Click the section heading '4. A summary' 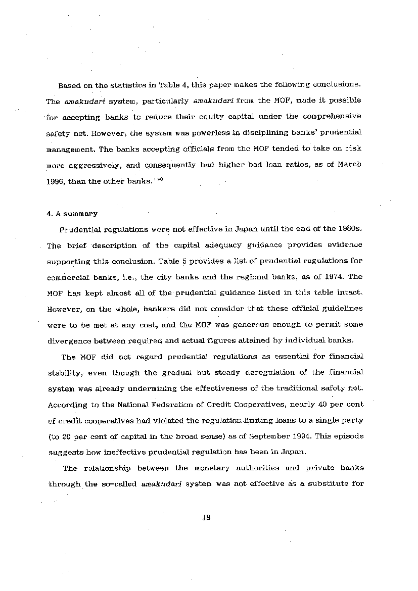pos(72,214)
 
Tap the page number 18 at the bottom pos(206,518)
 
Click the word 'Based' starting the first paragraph pos(69,85)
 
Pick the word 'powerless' pos(200,132)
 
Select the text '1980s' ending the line pos(349,229)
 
